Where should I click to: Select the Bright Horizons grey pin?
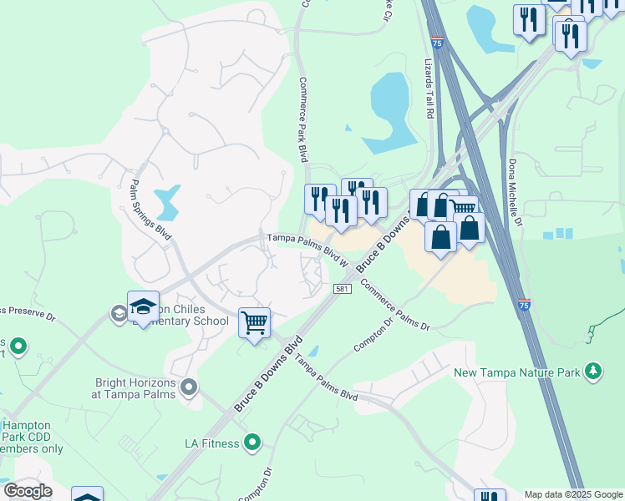pyautogui.click(x=189, y=387)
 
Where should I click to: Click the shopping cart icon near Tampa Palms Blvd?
pyautogui.click(x=254, y=321)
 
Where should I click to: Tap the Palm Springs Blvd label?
pyautogui.click(x=151, y=209)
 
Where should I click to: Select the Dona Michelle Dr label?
pyautogui.click(x=516, y=193)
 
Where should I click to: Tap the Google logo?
pyautogui.click(x=28, y=491)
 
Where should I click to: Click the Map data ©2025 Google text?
pyautogui.click(x=572, y=494)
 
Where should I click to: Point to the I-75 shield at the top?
pyautogui.click(x=438, y=41)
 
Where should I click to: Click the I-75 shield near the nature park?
pyautogui.click(x=524, y=306)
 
